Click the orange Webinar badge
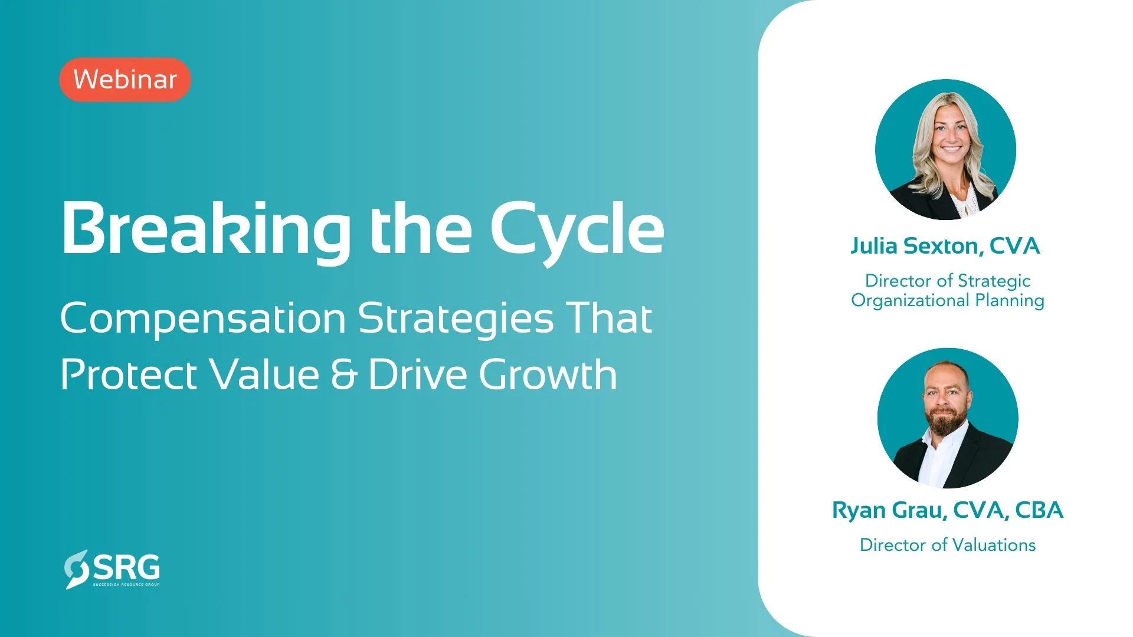(125, 80)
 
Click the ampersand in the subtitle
(344, 375)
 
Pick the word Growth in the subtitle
(548, 375)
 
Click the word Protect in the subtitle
(129, 375)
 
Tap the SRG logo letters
(126, 567)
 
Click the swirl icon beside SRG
(76, 569)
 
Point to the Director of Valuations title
(948, 545)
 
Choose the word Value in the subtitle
(265, 375)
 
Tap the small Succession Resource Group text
(126, 585)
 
